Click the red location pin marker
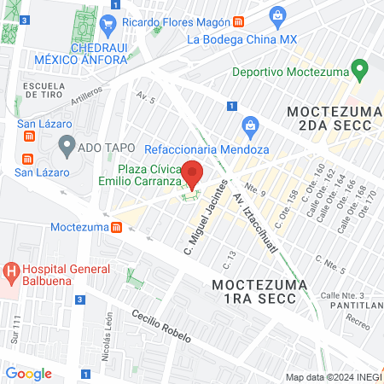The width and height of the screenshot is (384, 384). tap(193, 173)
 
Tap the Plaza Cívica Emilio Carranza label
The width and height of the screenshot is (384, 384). tap(150, 175)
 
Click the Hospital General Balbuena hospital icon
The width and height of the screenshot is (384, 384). tap(12, 274)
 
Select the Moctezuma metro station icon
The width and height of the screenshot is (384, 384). tap(116, 227)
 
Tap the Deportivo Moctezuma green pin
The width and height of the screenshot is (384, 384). tap(359, 67)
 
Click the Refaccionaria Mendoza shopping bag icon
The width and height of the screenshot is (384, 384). tap(250, 125)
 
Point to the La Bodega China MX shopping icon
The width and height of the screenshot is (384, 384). tap(277, 15)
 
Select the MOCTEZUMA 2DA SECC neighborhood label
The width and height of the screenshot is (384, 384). tap(329, 119)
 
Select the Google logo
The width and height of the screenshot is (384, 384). tap(29, 373)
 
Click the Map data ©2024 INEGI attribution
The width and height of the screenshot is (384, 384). tap(331, 377)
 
